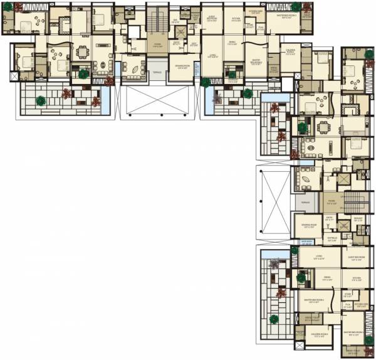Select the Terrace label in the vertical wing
point(305,203)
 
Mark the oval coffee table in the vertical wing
point(306,177)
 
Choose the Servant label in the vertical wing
point(358,219)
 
